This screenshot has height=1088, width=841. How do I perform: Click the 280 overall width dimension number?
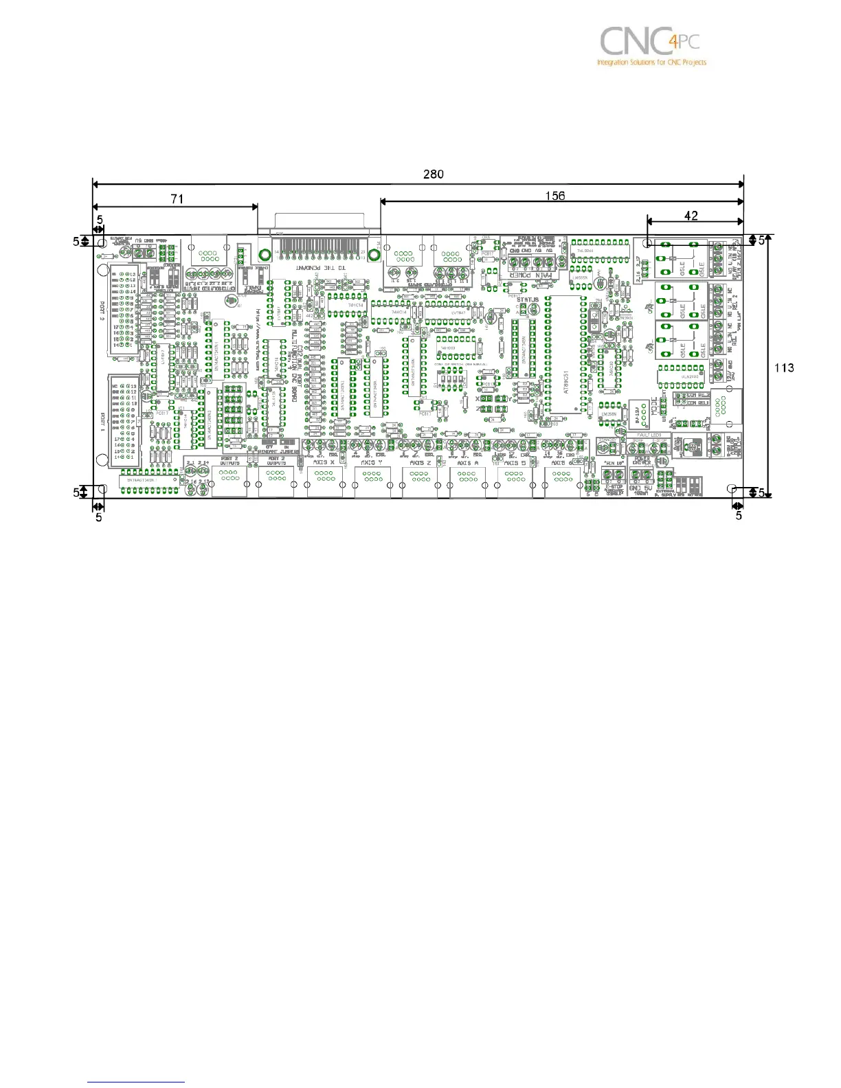(x=433, y=174)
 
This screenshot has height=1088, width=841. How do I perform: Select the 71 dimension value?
(x=177, y=199)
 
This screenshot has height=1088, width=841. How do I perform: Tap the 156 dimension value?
(x=555, y=196)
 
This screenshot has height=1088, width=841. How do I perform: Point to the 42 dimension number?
(x=691, y=216)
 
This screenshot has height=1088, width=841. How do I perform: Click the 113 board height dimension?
(x=784, y=368)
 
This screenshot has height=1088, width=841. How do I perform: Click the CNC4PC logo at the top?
(x=651, y=45)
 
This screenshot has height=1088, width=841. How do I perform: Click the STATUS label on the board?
(x=527, y=299)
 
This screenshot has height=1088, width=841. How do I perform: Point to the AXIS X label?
(x=324, y=463)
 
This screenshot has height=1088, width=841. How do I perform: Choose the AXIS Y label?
(x=372, y=463)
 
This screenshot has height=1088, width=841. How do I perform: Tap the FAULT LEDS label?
(x=647, y=435)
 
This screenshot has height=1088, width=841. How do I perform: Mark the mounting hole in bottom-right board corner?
(x=733, y=489)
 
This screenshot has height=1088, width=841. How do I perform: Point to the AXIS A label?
(x=467, y=463)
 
